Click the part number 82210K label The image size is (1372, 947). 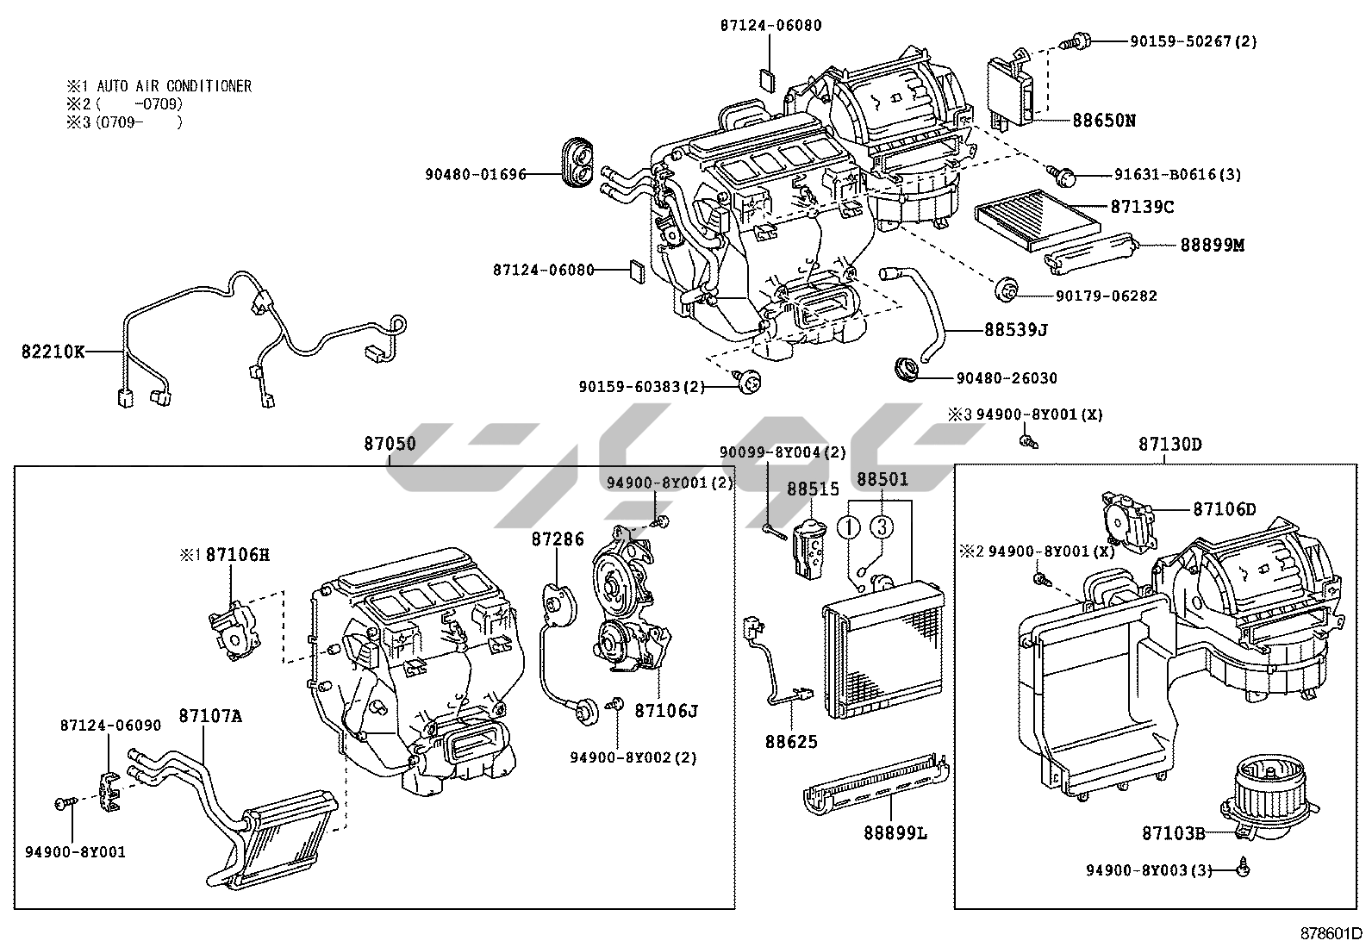coord(53,352)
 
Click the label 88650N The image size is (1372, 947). coord(1103,121)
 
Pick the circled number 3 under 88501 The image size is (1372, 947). coord(880,526)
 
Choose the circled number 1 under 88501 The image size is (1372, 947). coord(851,526)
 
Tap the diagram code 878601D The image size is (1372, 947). coord(1331,933)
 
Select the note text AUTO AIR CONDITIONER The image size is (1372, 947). coord(174,86)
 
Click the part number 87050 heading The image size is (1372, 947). coord(389,445)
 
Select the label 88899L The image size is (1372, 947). coord(895,833)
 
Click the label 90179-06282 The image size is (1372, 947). coord(1106,296)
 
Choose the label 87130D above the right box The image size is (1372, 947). coord(1169,445)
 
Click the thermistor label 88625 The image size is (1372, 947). coord(790,741)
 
